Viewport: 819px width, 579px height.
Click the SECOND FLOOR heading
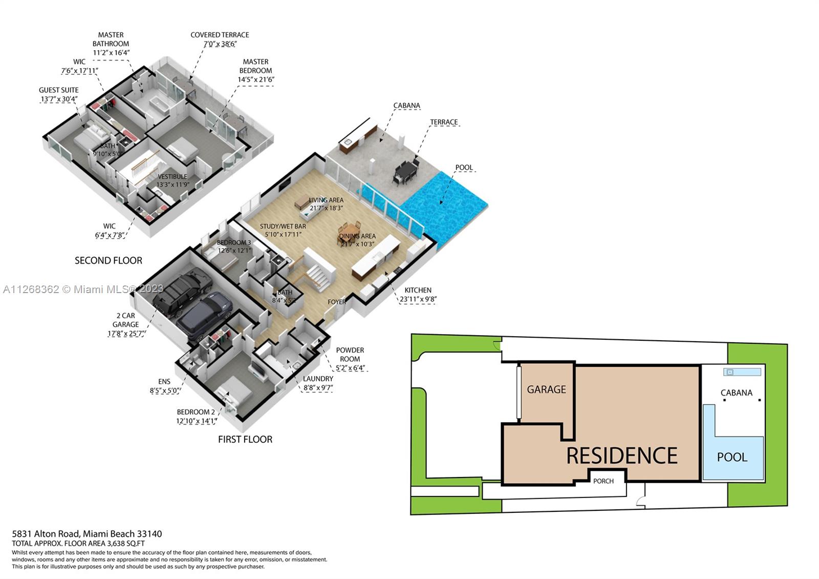[109, 260]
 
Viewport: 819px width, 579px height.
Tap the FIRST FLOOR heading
[245, 439]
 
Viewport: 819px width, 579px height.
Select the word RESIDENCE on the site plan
[622, 456]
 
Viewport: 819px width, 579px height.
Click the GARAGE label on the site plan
[547, 389]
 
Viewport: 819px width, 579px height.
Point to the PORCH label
[604, 481]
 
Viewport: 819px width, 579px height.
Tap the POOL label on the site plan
[732, 457]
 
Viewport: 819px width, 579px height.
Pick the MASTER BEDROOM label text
[255, 66]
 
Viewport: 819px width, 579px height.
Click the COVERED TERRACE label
[220, 35]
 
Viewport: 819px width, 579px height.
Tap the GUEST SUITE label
[59, 90]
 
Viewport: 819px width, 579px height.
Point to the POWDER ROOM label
[350, 355]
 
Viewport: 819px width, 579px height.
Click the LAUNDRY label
[318, 379]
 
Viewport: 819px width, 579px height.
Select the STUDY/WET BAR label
[283, 226]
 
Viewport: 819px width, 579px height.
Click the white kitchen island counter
[375, 256]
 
